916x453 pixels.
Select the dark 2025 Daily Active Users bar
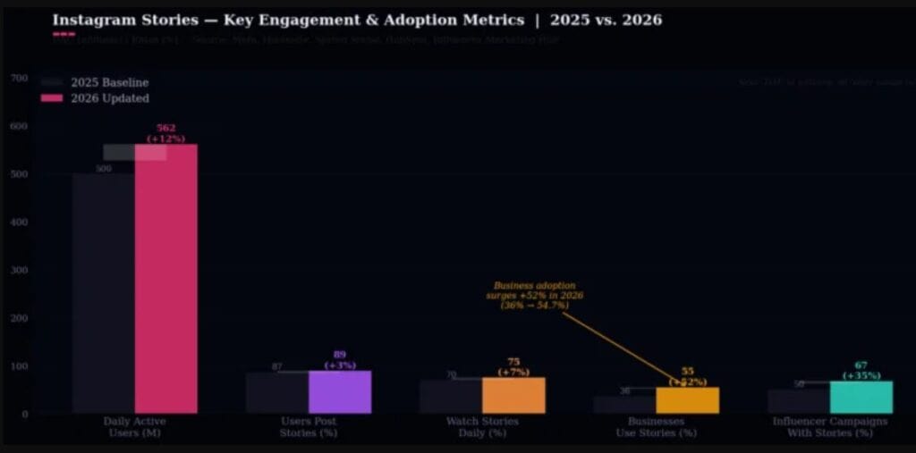104,295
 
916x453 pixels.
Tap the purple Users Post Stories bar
340,392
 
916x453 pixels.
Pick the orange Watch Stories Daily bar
513,395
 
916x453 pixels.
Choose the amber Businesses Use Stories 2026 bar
687,400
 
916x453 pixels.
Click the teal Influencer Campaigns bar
861,398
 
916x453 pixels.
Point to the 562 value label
165,128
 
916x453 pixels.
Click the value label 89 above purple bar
340,355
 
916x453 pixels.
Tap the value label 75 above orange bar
513,362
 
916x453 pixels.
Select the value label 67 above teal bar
861,365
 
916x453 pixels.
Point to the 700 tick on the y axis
19,79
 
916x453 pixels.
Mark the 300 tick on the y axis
19,270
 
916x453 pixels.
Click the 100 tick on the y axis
19,366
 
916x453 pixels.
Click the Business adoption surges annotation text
535,296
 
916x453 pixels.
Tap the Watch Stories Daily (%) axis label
482,427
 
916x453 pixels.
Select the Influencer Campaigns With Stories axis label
829,427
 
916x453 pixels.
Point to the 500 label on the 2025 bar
104,169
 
